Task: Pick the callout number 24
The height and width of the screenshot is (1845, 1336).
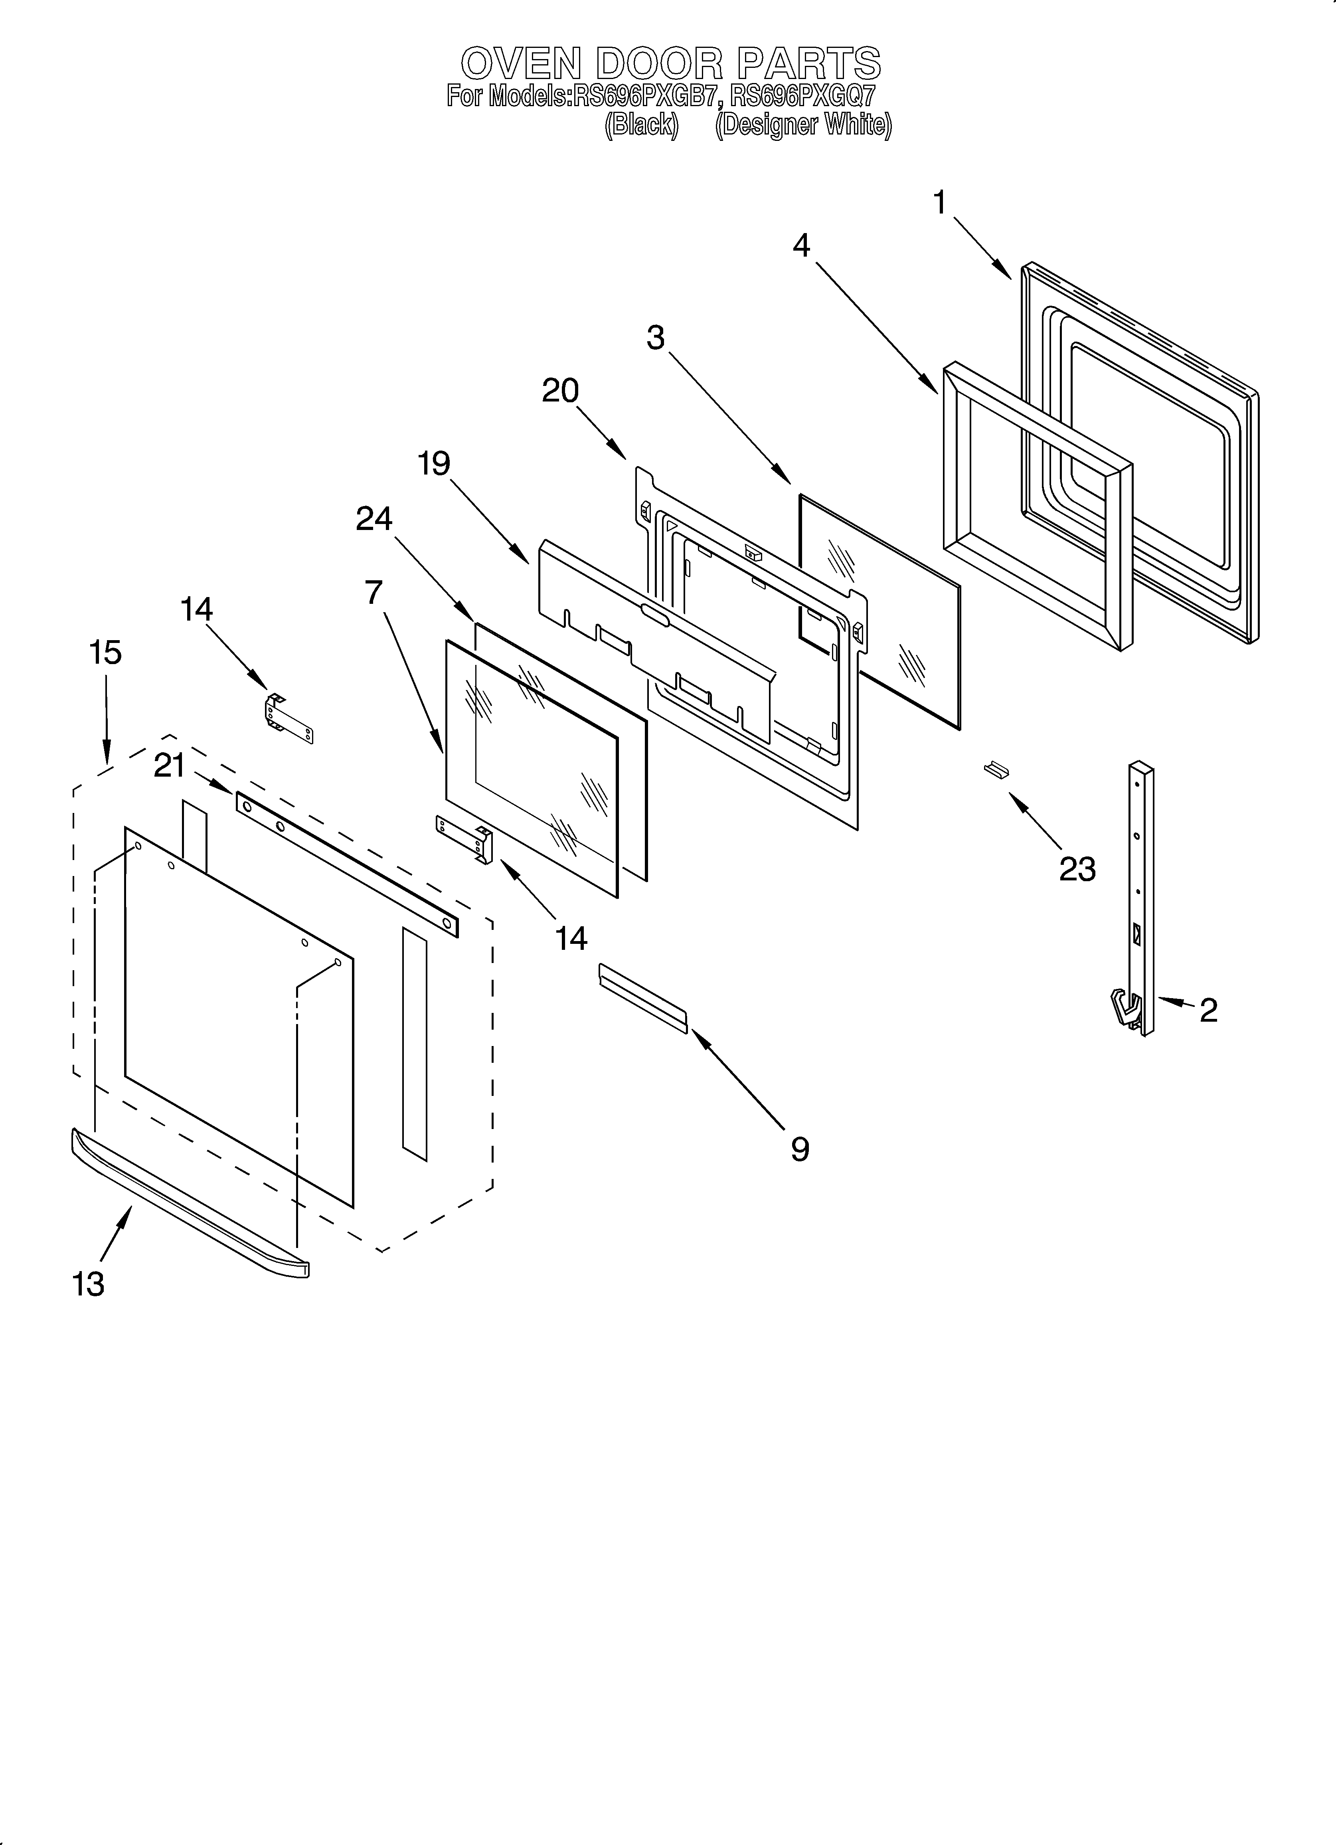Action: pos(374,518)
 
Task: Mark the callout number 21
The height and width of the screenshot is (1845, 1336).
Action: pos(169,765)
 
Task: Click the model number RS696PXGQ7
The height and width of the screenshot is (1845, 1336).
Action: pos(802,97)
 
